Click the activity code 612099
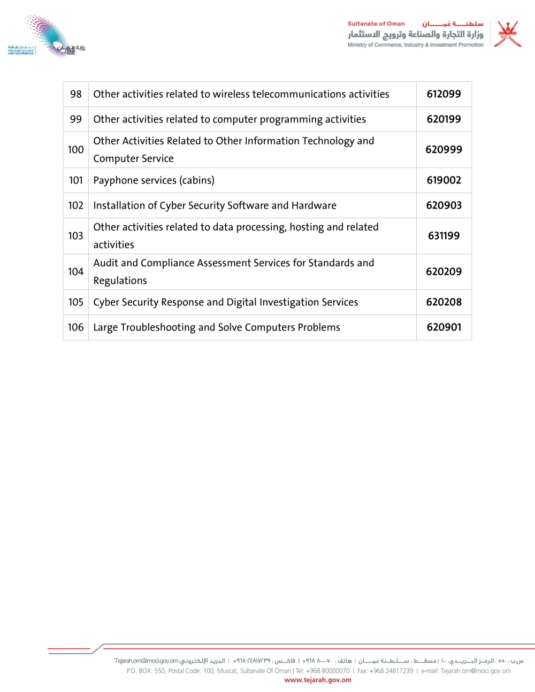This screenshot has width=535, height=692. coord(444,94)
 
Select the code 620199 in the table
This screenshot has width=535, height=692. coord(444,119)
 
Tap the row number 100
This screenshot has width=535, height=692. coord(76,150)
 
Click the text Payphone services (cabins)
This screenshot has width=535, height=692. coord(154,180)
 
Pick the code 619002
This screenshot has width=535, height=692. coord(444,180)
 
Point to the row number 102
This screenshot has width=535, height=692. coord(76,205)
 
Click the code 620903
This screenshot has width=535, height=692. coord(444,205)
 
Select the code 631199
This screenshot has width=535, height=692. coord(444,236)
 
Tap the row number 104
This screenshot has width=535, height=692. coord(76,272)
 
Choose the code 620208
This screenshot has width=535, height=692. coord(444,302)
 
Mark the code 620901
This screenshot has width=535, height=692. coord(444,327)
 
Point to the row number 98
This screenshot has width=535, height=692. coord(76,94)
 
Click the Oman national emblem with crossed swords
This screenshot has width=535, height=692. coord(507,34)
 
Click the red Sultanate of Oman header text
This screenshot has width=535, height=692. coord(376,24)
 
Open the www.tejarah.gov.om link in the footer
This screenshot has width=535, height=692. coord(318,680)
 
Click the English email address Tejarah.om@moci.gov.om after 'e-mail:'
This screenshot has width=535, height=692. coord(476,671)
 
